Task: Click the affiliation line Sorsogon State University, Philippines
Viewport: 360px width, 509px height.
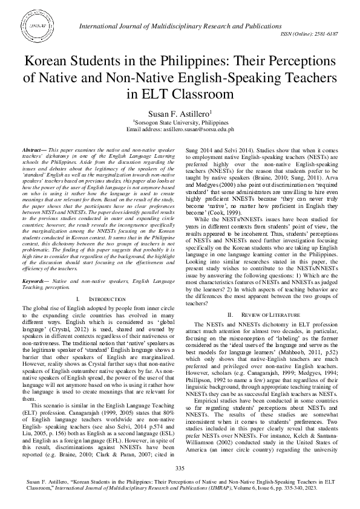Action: pyautogui.click(x=180, y=122)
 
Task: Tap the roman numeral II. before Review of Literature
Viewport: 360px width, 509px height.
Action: pyautogui.click(x=230, y=315)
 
